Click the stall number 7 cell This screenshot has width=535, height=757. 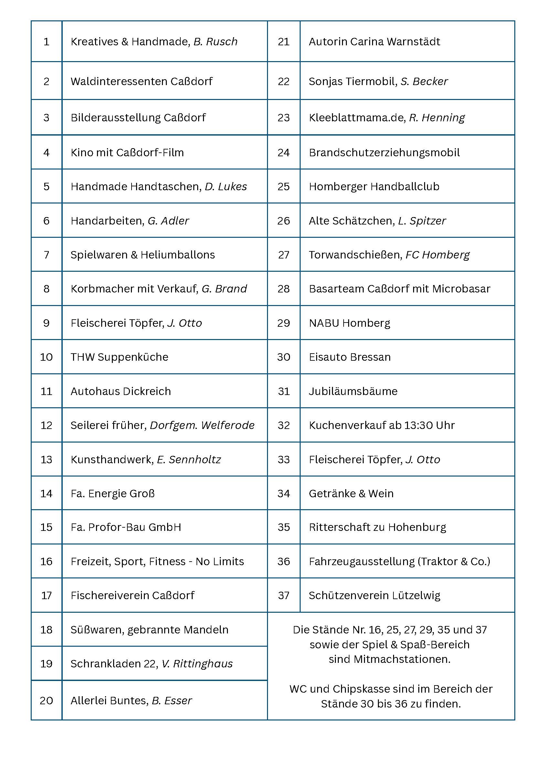point(47,255)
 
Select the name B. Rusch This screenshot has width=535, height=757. point(215,42)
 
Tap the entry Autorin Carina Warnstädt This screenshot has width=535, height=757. point(374,42)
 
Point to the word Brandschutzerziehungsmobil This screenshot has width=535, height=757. point(384,153)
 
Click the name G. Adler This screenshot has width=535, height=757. point(168,221)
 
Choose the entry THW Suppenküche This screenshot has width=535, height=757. point(119,357)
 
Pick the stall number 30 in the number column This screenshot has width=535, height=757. point(284,357)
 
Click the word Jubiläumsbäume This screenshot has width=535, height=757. point(353,391)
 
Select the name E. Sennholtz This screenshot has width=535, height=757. point(189,460)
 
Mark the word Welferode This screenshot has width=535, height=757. point(228,425)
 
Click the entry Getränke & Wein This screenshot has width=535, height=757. point(351,494)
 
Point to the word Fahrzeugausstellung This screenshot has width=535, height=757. point(362,562)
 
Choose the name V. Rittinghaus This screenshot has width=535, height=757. point(197,664)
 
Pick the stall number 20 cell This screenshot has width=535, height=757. point(47,700)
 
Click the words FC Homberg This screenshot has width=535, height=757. point(437,255)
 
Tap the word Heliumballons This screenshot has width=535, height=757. point(178,255)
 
